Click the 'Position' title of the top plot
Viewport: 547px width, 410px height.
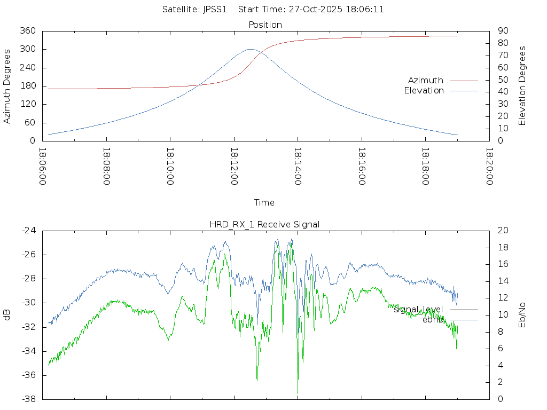click(x=265, y=25)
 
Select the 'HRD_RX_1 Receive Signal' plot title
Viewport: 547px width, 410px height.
click(x=264, y=224)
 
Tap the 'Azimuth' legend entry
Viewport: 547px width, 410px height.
click(x=426, y=80)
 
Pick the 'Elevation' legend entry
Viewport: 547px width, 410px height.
click(x=424, y=91)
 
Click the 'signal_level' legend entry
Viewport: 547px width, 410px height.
click(x=418, y=309)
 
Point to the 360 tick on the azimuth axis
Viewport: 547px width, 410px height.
click(x=27, y=31)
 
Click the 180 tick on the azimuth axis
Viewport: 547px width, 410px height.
click(x=27, y=86)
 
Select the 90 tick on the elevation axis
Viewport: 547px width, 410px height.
click(x=502, y=31)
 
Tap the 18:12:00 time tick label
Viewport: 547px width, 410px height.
click(x=234, y=167)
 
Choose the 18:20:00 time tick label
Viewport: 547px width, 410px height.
click(x=489, y=167)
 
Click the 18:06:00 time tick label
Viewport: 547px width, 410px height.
click(x=43, y=167)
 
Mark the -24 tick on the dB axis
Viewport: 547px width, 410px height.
click(x=29, y=230)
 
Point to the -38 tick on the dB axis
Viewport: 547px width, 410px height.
click(x=29, y=399)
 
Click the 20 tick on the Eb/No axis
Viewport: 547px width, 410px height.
click(x=502, y=230)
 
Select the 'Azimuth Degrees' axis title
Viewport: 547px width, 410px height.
click(x=7, y=86)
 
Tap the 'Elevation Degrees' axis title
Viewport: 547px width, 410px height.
click(x=522, y=85)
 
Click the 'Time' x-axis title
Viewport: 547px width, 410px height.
click(x=264, y=202)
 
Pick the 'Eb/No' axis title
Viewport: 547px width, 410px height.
click(x=522, y=314)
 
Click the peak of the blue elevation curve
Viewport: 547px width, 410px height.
click(x=251, y=49)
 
